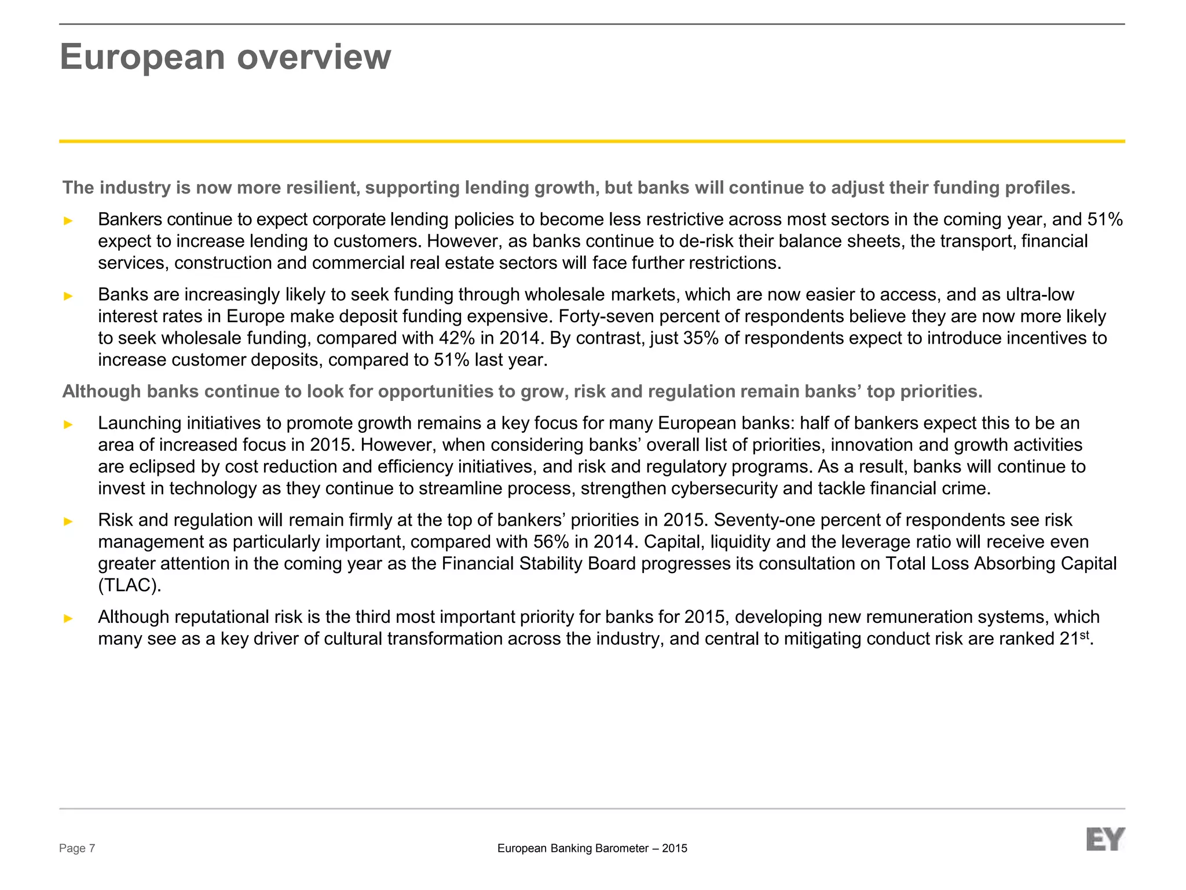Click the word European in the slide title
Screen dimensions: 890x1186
point(142,58)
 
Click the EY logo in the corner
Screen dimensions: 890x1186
point(1105,840)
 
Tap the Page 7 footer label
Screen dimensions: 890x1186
point(77,849)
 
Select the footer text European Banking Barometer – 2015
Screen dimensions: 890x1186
point(592,849)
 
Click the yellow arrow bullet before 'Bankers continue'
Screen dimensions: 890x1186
point(68,221)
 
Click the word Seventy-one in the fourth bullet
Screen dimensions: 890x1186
point(766,520)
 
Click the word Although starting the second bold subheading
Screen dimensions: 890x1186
point(102,392)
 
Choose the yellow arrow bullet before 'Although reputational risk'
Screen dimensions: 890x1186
point(68,618)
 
